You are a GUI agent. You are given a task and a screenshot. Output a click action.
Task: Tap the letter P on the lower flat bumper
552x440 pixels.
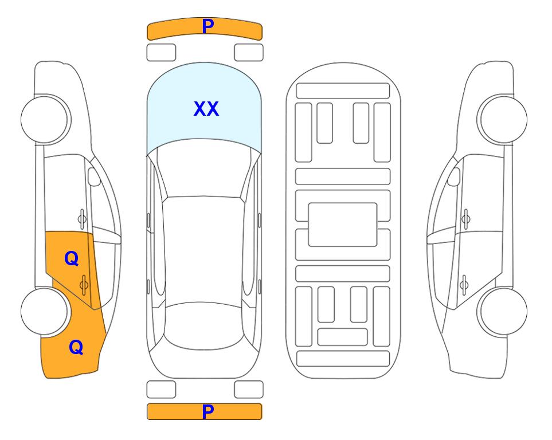[208, 411]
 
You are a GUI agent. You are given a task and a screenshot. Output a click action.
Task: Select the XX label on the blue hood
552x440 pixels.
[206, 109]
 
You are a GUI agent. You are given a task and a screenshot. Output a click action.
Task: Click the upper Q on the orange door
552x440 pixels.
[72, 259]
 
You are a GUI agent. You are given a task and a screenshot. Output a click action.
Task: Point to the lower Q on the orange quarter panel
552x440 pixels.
[76, 347]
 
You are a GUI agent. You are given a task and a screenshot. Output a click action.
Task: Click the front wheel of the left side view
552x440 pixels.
[45, 119]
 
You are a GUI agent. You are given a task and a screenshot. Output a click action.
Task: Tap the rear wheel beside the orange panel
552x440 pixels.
[45, 311]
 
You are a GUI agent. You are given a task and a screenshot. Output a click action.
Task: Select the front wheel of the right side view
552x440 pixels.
[502, 119]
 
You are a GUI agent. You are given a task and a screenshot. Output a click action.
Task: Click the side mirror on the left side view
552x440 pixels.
[94, 176]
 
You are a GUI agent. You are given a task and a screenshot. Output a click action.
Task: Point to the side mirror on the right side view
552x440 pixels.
[454, 176]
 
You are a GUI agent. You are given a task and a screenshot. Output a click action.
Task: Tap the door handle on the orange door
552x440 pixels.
[84, 285]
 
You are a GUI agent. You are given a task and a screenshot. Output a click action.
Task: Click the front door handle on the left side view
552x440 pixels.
[82, 219]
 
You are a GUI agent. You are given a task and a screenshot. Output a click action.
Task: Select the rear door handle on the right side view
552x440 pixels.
[464, 285]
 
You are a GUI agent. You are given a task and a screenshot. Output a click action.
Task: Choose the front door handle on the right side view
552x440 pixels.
[466, 219]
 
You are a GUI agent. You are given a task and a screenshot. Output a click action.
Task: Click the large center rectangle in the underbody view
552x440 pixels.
[343, 225]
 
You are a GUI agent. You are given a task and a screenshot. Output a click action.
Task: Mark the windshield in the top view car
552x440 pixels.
[204, 168]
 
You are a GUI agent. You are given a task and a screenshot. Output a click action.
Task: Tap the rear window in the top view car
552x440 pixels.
[204, 325]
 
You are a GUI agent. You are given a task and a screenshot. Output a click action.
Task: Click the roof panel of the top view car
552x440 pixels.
[204, 250]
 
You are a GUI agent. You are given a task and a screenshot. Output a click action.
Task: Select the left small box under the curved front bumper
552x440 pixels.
[161, 53]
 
